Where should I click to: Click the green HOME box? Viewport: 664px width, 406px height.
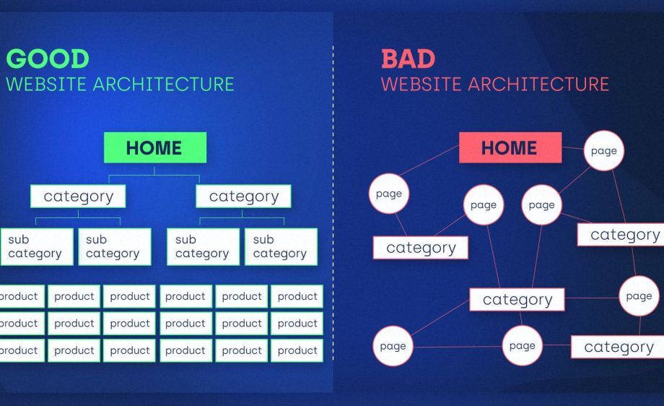pyautogui.click(x=154, y=147)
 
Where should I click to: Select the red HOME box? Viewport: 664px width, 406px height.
pyautogui.click(x=510, y=147)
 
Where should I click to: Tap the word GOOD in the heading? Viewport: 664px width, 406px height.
pyautogui.click(x=48, y=59)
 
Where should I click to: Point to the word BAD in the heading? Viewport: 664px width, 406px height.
pyautogui.click(x=409, y=59)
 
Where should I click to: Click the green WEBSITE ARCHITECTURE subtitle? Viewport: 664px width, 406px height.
pyautogui.click(x=120, y=84)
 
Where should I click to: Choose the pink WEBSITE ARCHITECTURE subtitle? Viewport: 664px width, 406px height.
pyautogui.click(x=495, y=84)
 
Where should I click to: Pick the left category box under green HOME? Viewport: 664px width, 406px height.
pyautogui.click(x=78, y=196)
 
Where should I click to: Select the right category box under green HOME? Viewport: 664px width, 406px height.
pyautogui.click(x=243, y=196)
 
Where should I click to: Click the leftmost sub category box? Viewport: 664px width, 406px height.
pyautogui.click(x=35, y=246)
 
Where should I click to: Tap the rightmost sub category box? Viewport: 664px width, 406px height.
pyautogui.click(x=281, y=246)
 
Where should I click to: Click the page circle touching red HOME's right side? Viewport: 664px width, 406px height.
pyautogui.click(x=603, y=151)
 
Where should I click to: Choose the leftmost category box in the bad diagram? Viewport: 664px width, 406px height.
pyautogui.click(x=420, y=248)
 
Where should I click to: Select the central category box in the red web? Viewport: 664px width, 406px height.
pyautogui.click(x=517, y=299)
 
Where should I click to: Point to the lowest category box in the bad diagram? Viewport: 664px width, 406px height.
pyautogui.click(x=619, y=347)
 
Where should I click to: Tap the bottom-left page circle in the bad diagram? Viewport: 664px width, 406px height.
pyautogui.click(x=393, y=346)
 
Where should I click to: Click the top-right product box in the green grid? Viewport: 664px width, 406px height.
pyautogui.click(x=297, y=296)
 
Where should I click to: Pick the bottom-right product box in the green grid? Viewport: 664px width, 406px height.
pyautogui.click(x=297, y=350)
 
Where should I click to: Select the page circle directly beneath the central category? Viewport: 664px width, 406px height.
pyautogui.click(x=522, y=346)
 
